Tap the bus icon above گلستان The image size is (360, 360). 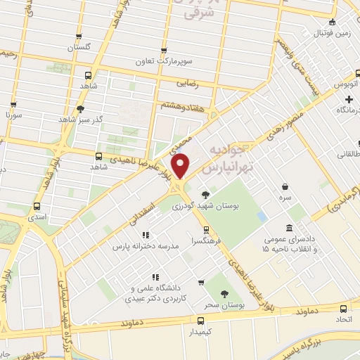[79, 37]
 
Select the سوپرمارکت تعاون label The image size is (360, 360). [164, 61]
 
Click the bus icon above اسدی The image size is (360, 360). [37, 207]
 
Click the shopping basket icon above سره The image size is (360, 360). [284, 187]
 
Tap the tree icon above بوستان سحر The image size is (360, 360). [224, 293]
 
